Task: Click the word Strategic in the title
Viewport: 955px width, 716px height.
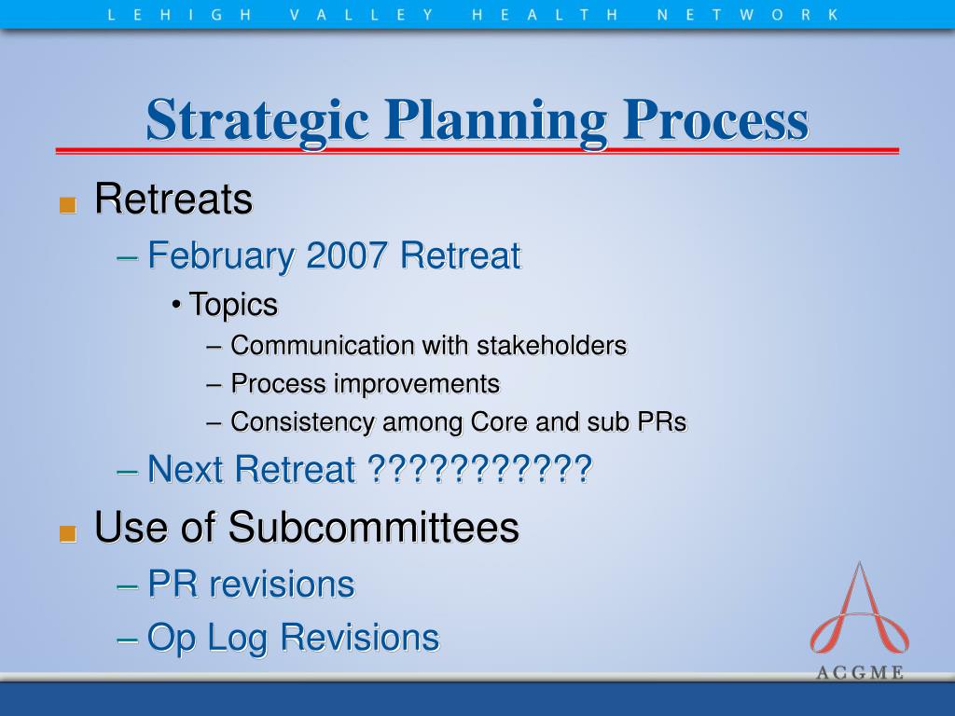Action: [x=257, y=120]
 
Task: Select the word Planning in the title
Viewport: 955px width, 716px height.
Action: [x=496, y=120]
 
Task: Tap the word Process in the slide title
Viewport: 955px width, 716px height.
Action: [x=715, y=119]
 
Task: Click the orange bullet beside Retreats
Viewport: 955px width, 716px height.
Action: [x=67, y=204]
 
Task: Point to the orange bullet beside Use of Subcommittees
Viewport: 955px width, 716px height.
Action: [x=67, y=533]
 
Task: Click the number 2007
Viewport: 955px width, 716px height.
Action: [x=346, y=255]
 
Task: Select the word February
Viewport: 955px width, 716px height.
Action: [x=221, y=256]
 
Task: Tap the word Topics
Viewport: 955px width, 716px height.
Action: [x=233, y=305]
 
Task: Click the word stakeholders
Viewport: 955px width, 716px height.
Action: [x=551, y=345]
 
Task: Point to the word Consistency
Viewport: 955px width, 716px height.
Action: [x=302, y=422]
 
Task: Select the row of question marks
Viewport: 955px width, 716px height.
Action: [x=480, y=469]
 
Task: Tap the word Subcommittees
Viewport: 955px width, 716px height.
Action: [x=373, y=527]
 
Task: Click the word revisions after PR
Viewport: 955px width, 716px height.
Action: [x=282, y=585]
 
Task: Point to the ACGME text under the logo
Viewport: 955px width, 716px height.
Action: [x=859, y=673]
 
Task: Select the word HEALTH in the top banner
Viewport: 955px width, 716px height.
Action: [x=545, y=15]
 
